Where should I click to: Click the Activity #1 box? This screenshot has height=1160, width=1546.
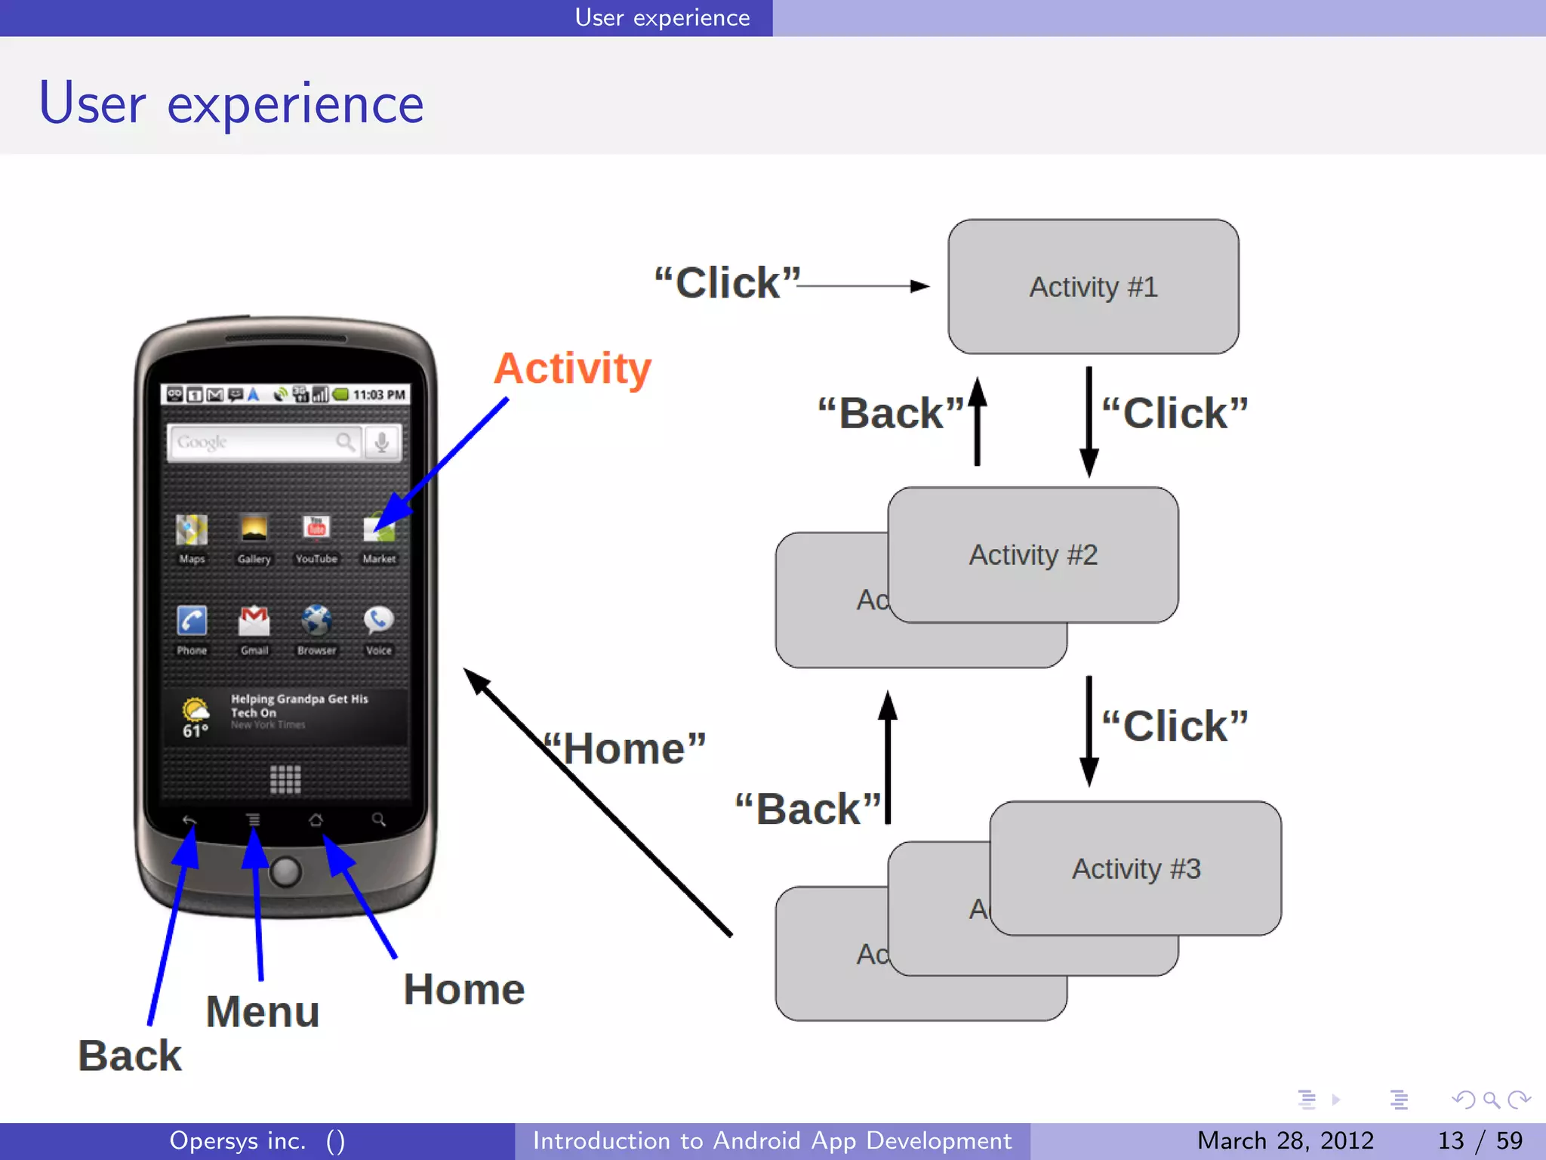(1092, 287)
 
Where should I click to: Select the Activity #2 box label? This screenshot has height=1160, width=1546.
(1033, 555)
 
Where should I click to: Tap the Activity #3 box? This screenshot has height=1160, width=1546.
(1135, 868)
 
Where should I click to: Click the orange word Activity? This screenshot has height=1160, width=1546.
(572, 369)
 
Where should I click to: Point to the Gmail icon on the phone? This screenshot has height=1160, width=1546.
(254, 621)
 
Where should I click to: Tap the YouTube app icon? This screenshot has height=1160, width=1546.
(316, 529)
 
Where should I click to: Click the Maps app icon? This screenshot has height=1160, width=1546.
(192, 529)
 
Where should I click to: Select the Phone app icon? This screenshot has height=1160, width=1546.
(192, 621)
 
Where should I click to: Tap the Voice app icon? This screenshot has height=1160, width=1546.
(378, 621)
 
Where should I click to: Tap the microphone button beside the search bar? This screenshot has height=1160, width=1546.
(382, 442)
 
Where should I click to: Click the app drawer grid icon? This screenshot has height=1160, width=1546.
(285, 779)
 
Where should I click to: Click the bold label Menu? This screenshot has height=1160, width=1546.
(263, 1012)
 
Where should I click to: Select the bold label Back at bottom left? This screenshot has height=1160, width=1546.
(130, 1056)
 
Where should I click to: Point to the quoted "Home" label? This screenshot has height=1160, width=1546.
(627, 749)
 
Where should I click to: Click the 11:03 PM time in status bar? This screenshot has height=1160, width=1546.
(379, 394)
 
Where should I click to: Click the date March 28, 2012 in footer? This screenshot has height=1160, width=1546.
(1285, 1140)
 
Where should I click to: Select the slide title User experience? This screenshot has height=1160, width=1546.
(231, 104)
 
